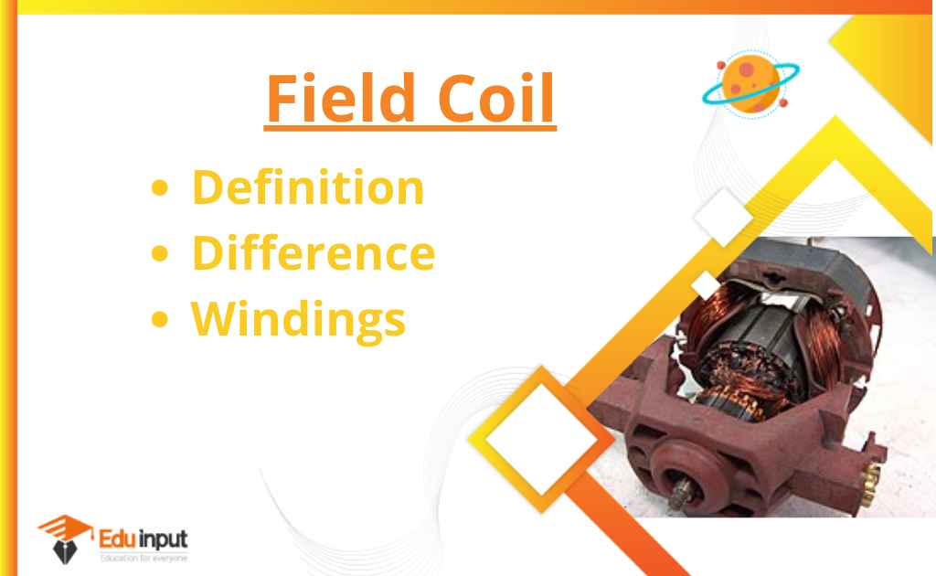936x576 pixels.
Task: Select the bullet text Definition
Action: coord(308,187)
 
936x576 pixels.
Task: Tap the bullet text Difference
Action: coord(314,252)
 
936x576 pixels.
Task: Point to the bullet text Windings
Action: coord(299,319)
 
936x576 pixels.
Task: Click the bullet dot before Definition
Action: coord(159,188)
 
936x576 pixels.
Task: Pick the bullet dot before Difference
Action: coord(159,253)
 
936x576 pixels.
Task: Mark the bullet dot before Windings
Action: coord(159,319)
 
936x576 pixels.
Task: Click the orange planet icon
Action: coord(751,84)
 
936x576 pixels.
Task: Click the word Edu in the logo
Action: coord(118,539)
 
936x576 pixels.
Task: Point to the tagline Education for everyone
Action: coord(144,559)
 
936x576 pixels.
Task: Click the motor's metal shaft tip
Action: coord(679,494)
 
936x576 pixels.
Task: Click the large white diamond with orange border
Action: coord(541,439)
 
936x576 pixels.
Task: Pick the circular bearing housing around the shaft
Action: coord(687,477)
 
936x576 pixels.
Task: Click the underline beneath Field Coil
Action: coord(410,127)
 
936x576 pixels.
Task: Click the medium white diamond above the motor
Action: coord(723,218)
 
